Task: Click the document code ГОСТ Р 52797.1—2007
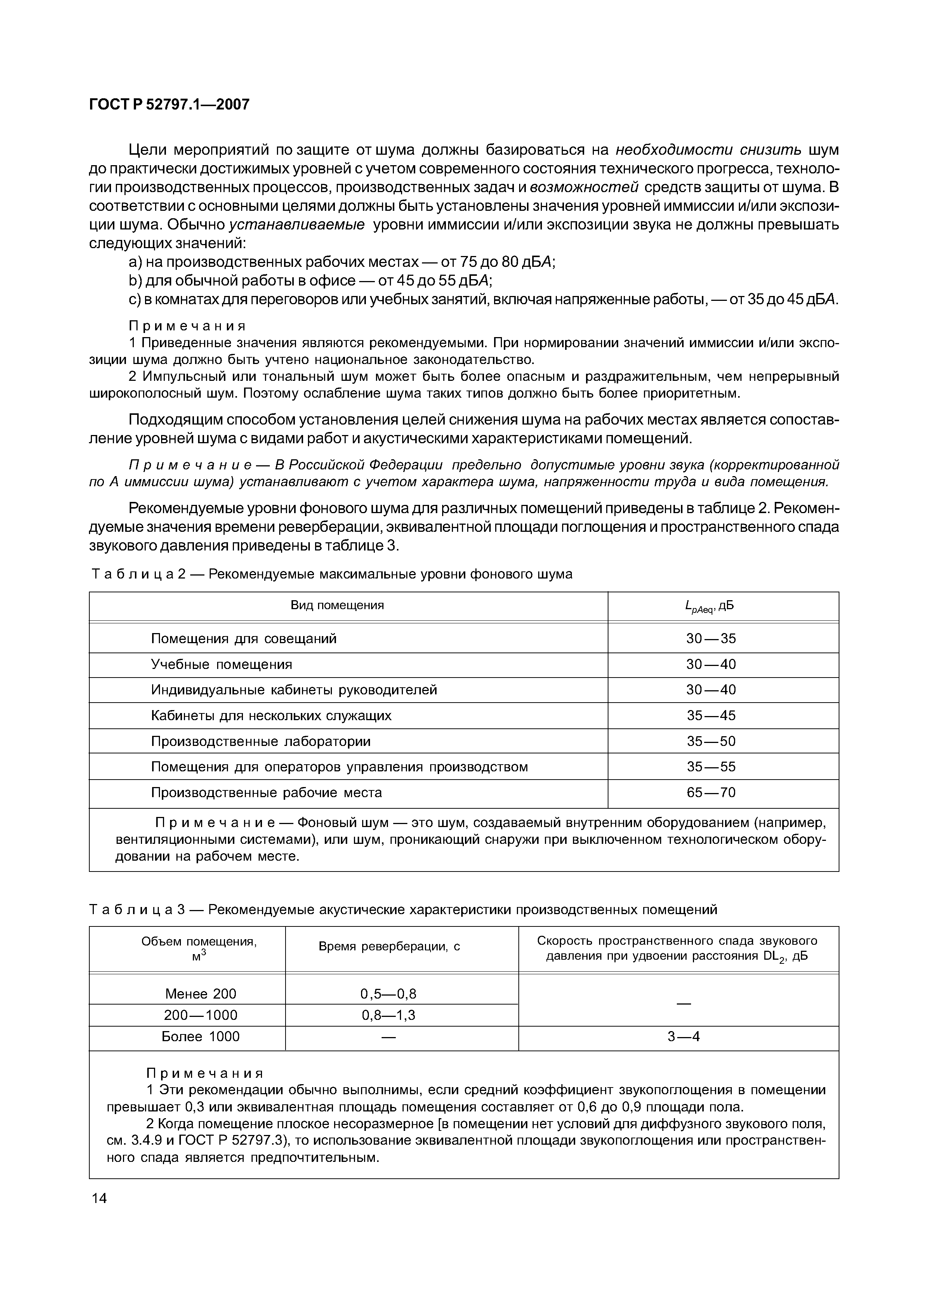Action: coord(169,105)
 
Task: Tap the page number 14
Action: coord(99,1198)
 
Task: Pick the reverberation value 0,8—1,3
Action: coord(389,1015)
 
